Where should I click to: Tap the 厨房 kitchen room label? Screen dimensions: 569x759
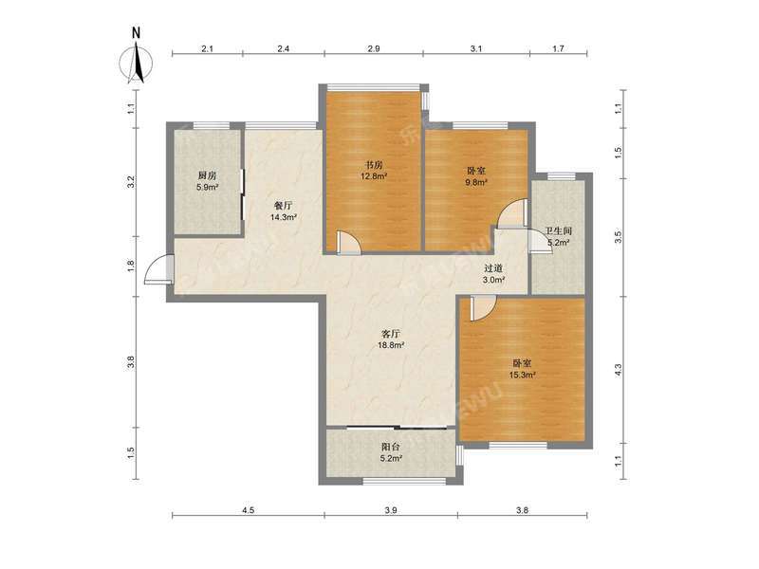click(x=207, y=175)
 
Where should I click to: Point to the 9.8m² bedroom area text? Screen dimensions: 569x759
click(x=476, y=183)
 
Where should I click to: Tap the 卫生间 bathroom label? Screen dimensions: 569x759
click(x=559, y=229)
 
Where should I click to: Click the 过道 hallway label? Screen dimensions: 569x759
click(x=493, y=268)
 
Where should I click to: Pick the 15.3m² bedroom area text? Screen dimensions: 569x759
click(x=524, y=375)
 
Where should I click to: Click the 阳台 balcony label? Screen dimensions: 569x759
click(x=391, y=447)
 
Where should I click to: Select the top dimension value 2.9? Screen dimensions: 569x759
click(x=374, y=48)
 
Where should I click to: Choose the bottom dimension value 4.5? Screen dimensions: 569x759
click(x=248, y=511)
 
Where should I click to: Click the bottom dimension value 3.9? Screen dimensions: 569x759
click(x=390, y=511)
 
